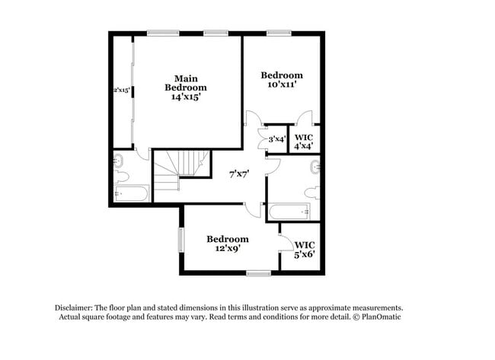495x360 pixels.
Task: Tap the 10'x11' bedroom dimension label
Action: click(x=282, y=84)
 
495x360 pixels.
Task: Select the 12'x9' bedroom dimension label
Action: click(x=228, y=248)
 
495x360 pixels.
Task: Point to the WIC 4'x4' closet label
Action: click(x=304, y=142)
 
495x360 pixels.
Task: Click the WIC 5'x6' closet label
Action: click(x=305, y=250)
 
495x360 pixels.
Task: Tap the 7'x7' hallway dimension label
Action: click(x=239, y=174)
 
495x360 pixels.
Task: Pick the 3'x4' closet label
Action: click(x=277, y=139)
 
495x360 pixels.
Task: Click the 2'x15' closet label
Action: click(x=122, y=91)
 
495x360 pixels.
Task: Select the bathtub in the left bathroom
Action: click(x=131, y=193)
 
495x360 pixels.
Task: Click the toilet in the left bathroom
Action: click(x=121, y=176)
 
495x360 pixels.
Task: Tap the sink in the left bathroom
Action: click(x=118, y=161)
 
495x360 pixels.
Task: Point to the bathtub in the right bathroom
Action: click(x=289, y=212)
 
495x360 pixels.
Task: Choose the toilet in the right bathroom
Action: click(x=313, y=193)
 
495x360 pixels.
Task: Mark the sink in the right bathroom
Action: click(x=315, y=167)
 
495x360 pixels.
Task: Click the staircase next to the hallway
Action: click(x=181, y=170)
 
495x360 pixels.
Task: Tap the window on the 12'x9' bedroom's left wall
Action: click(x=181, y=240)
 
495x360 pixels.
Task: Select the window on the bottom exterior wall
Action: click(x=259, y=273)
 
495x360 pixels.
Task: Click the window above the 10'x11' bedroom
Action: click(x=279, y=33)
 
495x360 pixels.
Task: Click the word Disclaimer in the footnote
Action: click(x=74, y=307)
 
